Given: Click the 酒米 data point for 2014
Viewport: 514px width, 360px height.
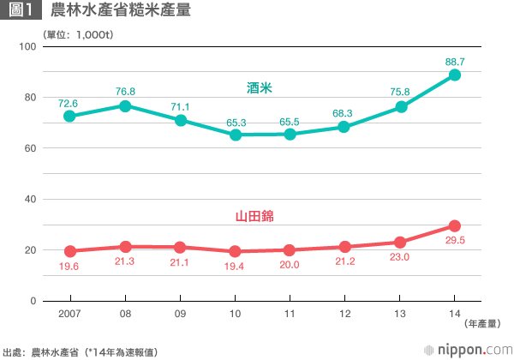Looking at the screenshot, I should [x=455, y=75].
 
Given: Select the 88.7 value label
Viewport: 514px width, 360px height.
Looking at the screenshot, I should [x=455, y=61].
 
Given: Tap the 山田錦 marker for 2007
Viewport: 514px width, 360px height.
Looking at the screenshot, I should [x=70, y=251].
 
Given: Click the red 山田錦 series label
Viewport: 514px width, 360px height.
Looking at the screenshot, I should [x=260, y=217].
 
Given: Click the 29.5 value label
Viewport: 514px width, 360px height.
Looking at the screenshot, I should [x=455, y=241].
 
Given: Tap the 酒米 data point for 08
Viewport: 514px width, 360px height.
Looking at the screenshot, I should [x=125, y=105].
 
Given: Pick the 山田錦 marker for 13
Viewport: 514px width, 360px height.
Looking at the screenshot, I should [x=400, y=243].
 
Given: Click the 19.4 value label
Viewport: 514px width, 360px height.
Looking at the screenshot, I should [x=236, y=266].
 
